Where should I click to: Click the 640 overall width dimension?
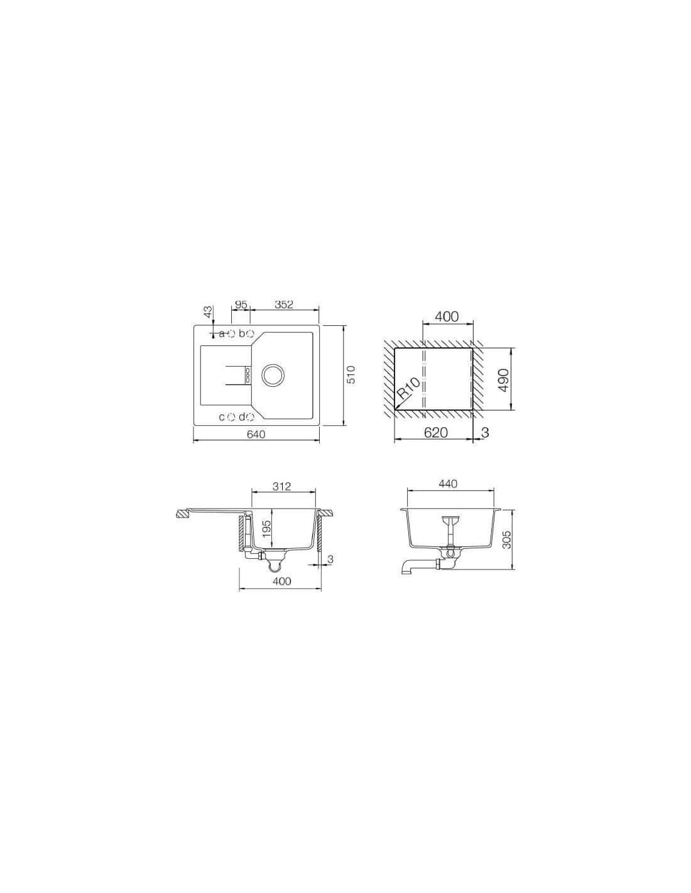[x=256, y=434]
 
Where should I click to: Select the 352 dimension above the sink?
[x=284, y=305]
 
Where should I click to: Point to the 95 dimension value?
[x=241, y=305]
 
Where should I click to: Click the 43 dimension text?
[x=209, y=311]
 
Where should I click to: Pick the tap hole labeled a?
[x=231, y=333]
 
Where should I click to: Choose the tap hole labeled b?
[x=251, y=333]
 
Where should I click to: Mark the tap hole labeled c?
[x=231, y=417]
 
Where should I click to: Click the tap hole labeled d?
[x=251, y=417]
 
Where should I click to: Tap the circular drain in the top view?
[x=272, y=375]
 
